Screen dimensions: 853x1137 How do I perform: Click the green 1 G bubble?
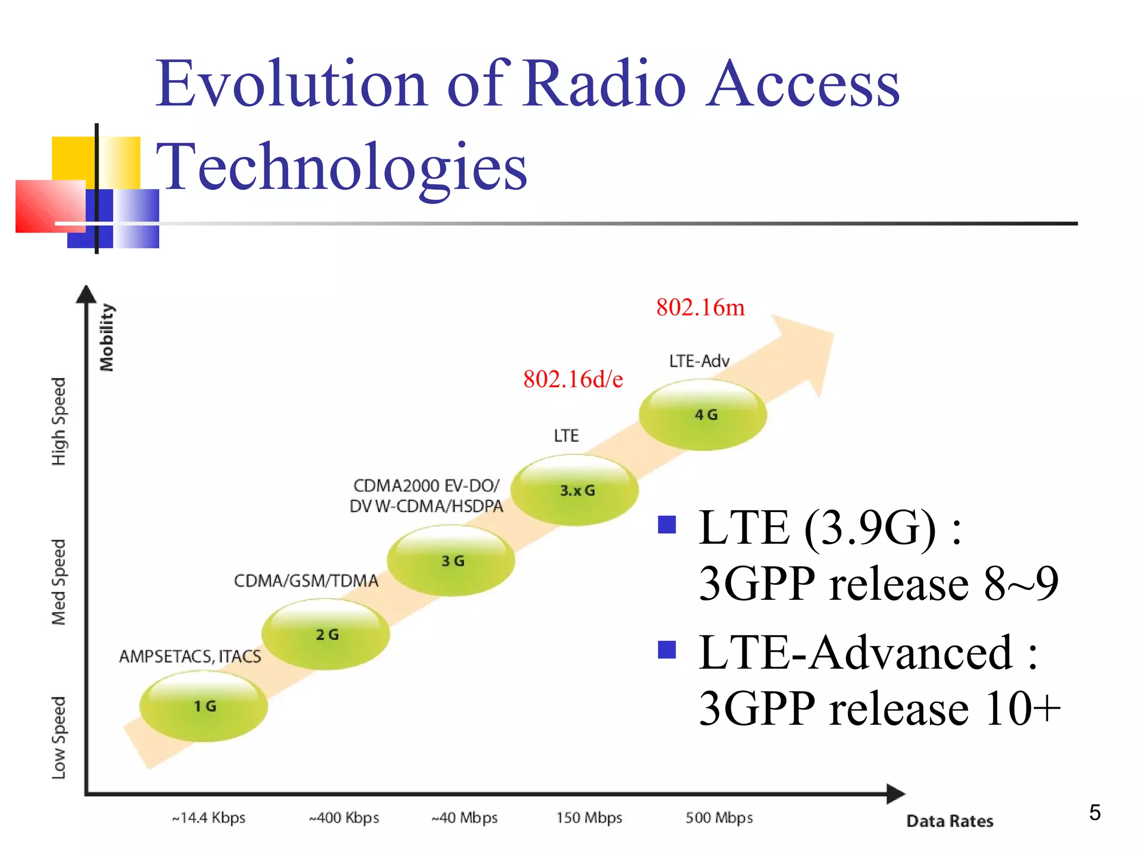point(204,706)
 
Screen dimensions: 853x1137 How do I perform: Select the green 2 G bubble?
point(326,634)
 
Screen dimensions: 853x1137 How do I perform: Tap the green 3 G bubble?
point(451,561)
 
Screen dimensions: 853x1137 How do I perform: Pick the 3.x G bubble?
point(575,490)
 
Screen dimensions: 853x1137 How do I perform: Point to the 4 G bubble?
point(703,415)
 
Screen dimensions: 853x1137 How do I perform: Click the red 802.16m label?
point(700,308)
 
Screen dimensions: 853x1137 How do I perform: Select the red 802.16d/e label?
point(573,379)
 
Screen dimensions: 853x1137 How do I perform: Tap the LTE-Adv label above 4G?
point(699,362)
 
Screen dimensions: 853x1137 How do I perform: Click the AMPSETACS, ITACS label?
point(190,656)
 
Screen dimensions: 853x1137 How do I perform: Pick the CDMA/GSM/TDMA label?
point(306,581)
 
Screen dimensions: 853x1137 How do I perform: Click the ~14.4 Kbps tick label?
point(209,818)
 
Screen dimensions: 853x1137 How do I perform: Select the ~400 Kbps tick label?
point(344,818)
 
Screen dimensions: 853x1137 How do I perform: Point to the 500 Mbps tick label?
point(719,818)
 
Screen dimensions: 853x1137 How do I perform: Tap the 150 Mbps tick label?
point(589,818)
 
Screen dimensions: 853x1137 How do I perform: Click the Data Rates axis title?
point(949,821)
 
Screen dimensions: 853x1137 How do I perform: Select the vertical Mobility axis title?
point(107,337)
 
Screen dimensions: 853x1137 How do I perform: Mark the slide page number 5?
point(1094,813)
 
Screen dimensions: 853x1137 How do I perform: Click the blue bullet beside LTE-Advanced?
point(666,649)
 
